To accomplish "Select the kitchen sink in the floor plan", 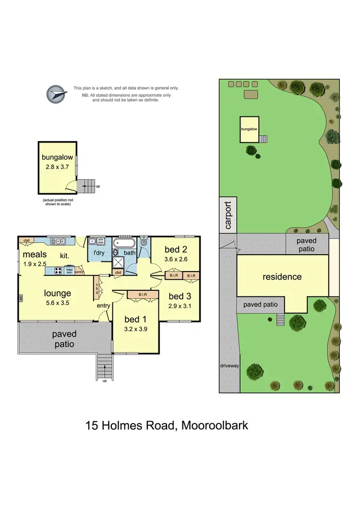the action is pyautogui.click(x=60, y=241).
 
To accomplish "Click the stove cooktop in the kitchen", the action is pyautogui.click(x=58, y=271).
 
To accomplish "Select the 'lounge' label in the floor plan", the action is pyautogui.click(x=58, y=293).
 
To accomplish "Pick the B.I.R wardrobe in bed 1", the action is pyautogui.click(x=142, y=295).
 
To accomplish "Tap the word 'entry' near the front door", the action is pyautogui.click(x=104, y=306).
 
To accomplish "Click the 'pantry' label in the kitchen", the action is pyautogui.click(x=79, y=271).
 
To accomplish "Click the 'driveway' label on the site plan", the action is pyautogui.click(x=229, y=366).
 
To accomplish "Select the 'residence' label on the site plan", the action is pyautogui.click(x=282, y=277).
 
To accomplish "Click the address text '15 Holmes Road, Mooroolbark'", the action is pyautogui.click(x=167, y=425).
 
